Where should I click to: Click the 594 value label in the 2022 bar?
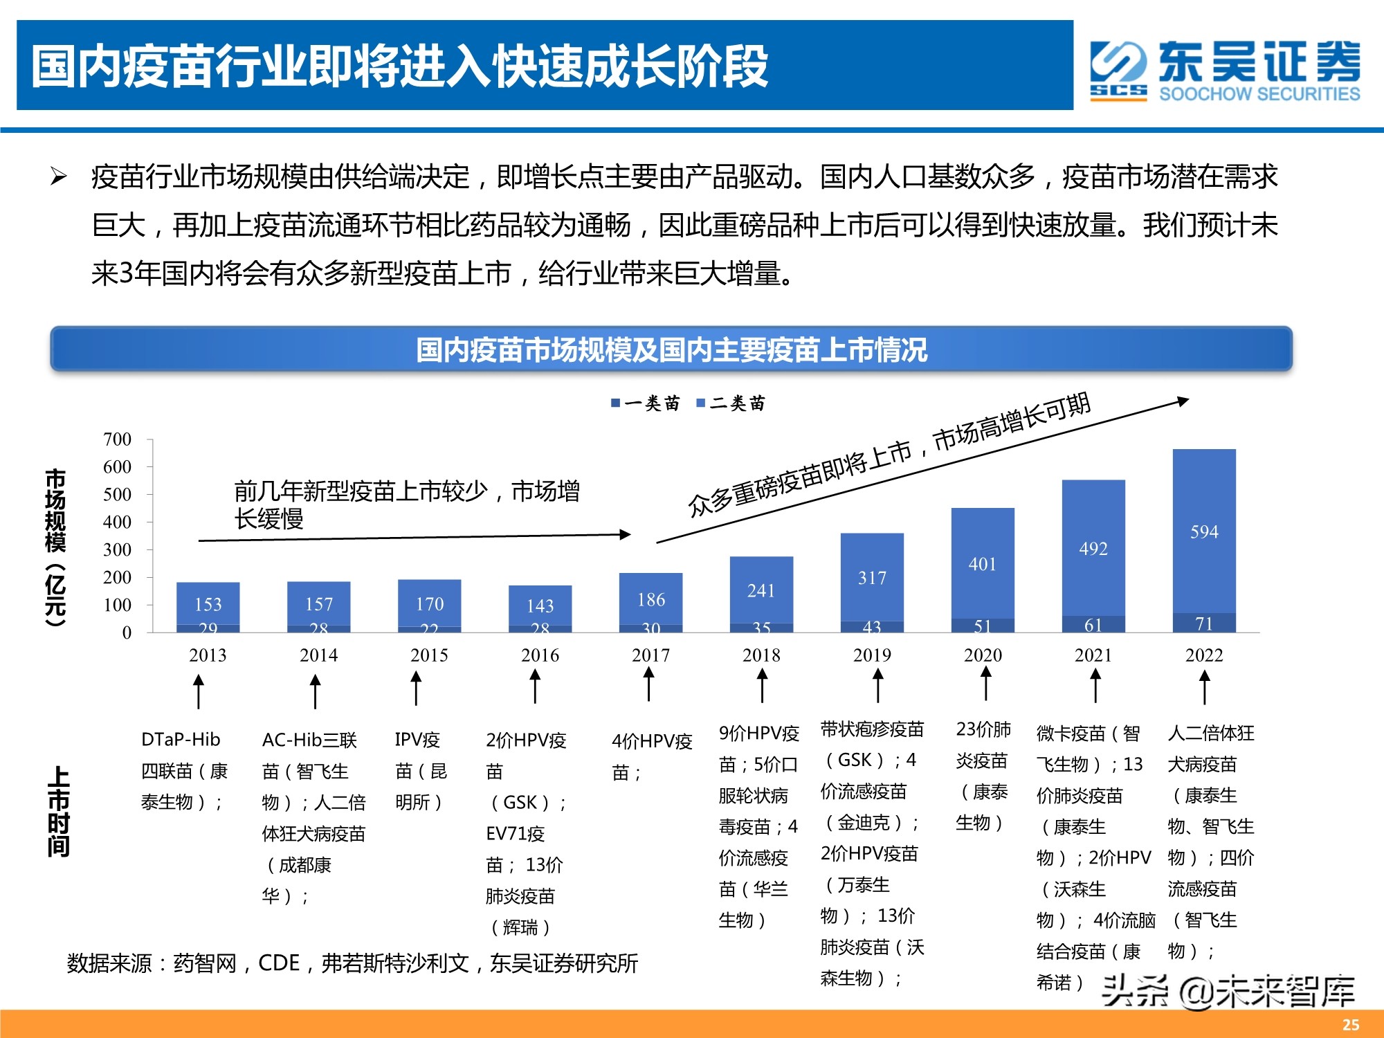[x=1204, y=531]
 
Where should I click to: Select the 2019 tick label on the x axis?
[x=872, y=655]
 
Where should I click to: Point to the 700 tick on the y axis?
[x=117, y=439]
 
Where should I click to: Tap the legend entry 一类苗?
[x=646, y=403]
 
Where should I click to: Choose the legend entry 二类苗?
[x=731, y=403]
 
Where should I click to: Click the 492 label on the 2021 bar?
[x=1093, y=549]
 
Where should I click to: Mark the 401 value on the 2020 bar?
[x=983, y=564]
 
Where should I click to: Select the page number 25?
[x=1350, y=1025]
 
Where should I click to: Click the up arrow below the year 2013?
[x=199, y=691]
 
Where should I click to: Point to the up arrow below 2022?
[x=1205, y=688]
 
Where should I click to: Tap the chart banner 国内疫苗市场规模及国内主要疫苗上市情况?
[x=671, y=349]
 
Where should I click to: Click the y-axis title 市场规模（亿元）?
[x=55, y=547]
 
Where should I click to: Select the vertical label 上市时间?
[x=58, y=811]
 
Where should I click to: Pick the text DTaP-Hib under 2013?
[x=181, y=739]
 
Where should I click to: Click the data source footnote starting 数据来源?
[x=352, y=963]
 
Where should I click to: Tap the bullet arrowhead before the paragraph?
[x=58, y=177]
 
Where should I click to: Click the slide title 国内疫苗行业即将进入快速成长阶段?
[x=399, y=66]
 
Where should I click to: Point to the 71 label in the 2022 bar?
[x=1204, y=623]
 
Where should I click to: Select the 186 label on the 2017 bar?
[x=651, y=599]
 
